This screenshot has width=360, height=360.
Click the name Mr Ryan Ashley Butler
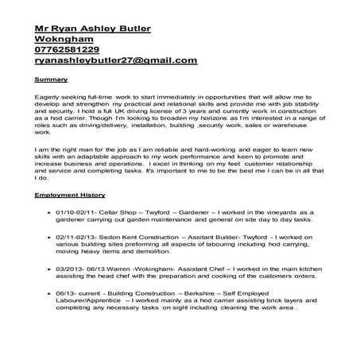tap(93, 29)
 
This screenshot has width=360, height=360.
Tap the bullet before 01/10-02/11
tap(48, 213)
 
